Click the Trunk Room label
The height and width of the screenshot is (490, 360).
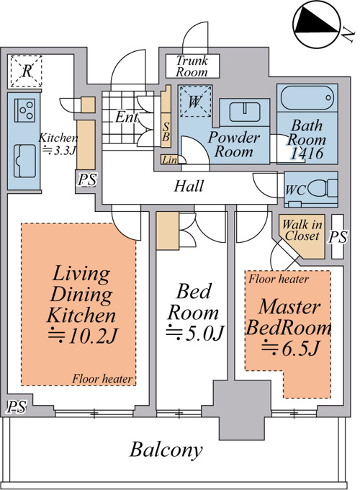(192, 66)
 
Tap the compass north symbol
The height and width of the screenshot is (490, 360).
(316, 26)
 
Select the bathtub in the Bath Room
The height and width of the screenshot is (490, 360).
(307, 97)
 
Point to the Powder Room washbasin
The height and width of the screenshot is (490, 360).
(245, 112)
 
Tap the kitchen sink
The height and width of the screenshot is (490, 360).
(24, 161)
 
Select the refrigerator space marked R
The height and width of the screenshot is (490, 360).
(27, 71)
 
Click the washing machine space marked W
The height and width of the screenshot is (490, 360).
(195, 102)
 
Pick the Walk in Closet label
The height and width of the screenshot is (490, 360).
(302, 230)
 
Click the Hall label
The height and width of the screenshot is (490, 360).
(189, 186)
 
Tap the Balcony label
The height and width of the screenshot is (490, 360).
(166, 450)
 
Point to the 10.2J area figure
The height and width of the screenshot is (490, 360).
(84, 335)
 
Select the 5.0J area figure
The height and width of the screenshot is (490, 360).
(195, 332)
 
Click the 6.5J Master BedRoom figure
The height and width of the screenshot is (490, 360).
(291, 348)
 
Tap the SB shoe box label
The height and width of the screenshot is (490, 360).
(166, 132)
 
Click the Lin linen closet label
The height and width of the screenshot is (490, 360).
(169, 160)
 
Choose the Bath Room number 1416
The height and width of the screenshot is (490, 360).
(307, 153)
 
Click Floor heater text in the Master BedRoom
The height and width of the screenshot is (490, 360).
(279, 279)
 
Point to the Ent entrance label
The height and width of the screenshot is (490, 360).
(127, 117)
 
